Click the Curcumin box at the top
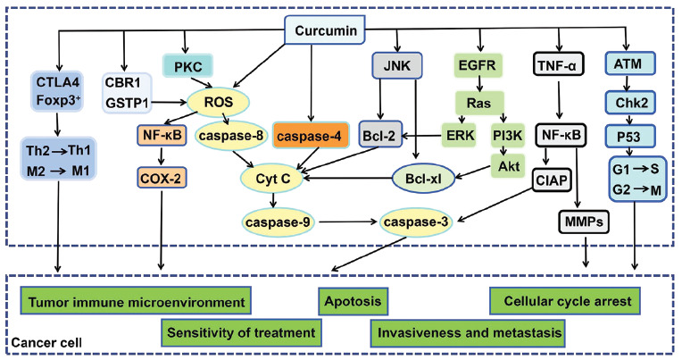[x=324, y=30]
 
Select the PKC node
[x=187, y=67]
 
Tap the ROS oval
[x=219, y=103]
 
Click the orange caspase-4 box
[x=311, y=137]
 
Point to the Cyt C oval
[x=273, y=179]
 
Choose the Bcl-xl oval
[x=423, y=179]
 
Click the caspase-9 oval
[x=278, y=222]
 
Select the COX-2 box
[x=162, y=178]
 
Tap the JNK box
[x=396, y=65]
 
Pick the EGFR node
[x=478, y=65]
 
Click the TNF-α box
[x=558, y=65]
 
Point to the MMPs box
[x=584, y=222]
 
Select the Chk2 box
[x=631, y=103]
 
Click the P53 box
[x=629, y=137]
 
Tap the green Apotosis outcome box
[x=353, y=301]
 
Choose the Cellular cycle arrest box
[x=565, y=301]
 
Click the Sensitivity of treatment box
[x=241, y=333]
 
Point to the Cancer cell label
[x=46, y=343]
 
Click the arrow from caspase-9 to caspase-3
[x=347, y=222]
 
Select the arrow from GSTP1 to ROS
[x=169, y=103]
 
